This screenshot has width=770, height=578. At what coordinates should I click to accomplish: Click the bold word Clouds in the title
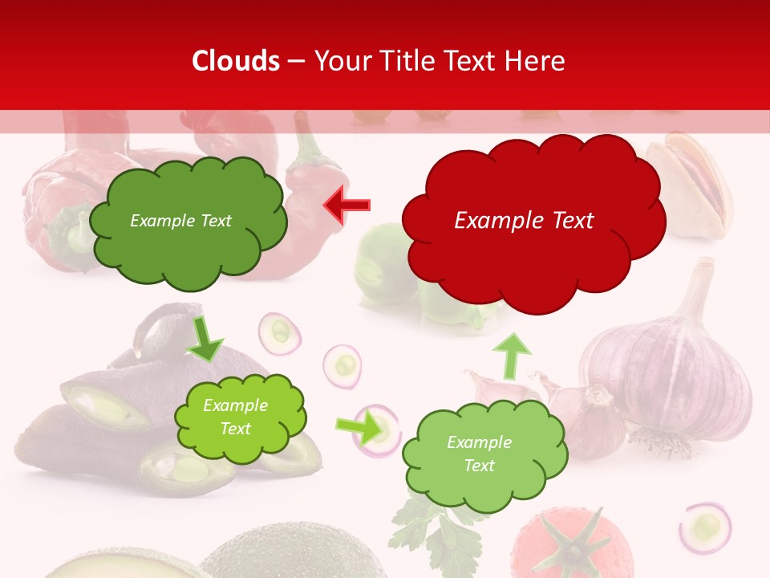pyautogui.click(x=236, y=61)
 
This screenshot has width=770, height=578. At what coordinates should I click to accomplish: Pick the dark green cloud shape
pyautogui.click(x=188, y=221)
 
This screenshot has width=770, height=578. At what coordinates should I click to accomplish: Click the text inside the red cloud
pyautogui.click(x=524, y=221)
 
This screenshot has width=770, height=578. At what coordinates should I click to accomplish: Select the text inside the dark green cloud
pyautogui.click(x=180, y=221)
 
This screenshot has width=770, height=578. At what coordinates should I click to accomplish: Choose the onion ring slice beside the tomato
pyautogui.click(x=704, y=527)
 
